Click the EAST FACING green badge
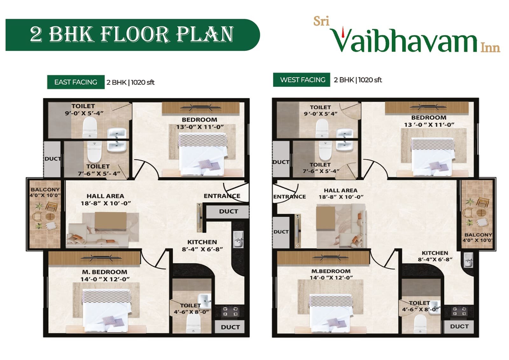point(76,82)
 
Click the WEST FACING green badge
point(302,80)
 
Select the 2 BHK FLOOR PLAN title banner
point(132,35)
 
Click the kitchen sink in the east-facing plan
point(238,239)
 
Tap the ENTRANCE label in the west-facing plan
point(289,197)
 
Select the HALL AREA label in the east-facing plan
point(105,196)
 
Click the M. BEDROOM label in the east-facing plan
point(105,272)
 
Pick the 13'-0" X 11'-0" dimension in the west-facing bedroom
point(429,125)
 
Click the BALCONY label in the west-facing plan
point(478,235)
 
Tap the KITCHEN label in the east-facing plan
point(202,242)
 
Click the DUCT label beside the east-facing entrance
point(228,211)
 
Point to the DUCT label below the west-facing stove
point(459,326)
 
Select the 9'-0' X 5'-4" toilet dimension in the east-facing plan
point(84,113)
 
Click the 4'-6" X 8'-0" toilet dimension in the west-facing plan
point(420,309)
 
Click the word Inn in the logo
point(490,48)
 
